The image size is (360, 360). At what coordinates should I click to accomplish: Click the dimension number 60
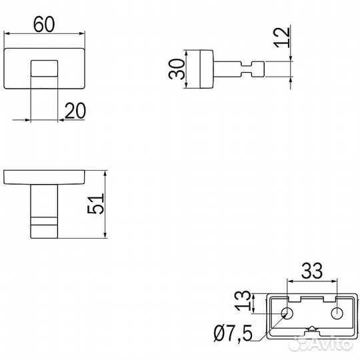click(x=44, y=24)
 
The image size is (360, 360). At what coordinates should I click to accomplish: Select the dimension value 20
click(x=75, y=111)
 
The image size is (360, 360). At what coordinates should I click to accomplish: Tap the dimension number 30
click(x=177, y=69)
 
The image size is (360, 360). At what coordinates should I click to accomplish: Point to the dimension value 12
click(x=282, y=38)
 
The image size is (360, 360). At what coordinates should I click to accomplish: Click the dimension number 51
click(x=96, y=203)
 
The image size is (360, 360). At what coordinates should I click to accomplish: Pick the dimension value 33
click(x=312, y=271)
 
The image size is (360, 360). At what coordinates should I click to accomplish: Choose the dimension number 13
click(x=243, y=301)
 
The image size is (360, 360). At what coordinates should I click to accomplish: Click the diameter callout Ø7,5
click(x=233, y=333)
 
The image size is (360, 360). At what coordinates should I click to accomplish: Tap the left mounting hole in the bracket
click(x=287, y=313)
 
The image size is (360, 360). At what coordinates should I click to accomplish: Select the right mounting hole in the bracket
click(x=337, y=313)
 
